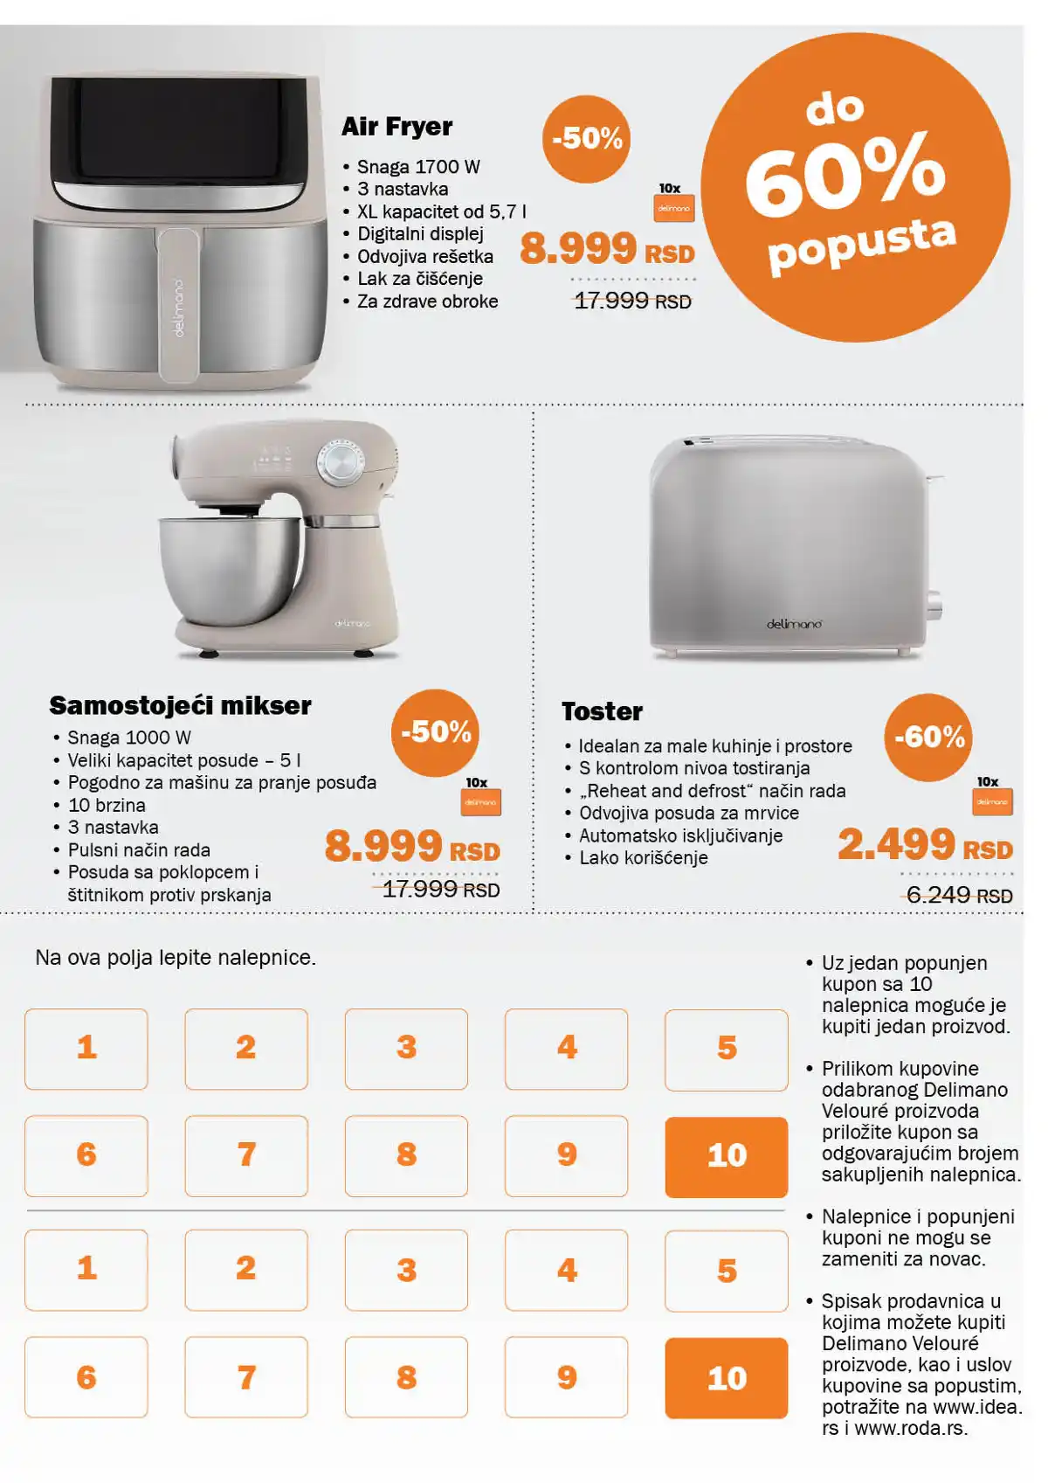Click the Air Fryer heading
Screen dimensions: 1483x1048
396,127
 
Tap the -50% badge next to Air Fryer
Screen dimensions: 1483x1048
586,139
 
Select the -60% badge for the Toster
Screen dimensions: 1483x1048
928,737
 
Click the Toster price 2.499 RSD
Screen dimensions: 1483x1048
924,845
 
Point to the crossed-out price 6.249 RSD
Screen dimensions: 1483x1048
958,895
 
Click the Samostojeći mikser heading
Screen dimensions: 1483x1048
180,705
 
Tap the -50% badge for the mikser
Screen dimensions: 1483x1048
435,732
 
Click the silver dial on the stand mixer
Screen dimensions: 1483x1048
341,461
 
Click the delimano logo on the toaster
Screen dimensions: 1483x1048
794,624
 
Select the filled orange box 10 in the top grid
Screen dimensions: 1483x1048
726,1156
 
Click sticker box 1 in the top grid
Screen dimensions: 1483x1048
86,1049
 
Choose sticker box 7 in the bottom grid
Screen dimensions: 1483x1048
246,1377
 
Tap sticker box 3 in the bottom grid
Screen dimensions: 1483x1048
406,1270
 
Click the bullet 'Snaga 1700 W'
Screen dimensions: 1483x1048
418,167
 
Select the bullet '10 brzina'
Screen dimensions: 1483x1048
107,805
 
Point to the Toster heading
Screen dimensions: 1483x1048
602,711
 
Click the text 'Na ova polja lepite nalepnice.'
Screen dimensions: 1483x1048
176,958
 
